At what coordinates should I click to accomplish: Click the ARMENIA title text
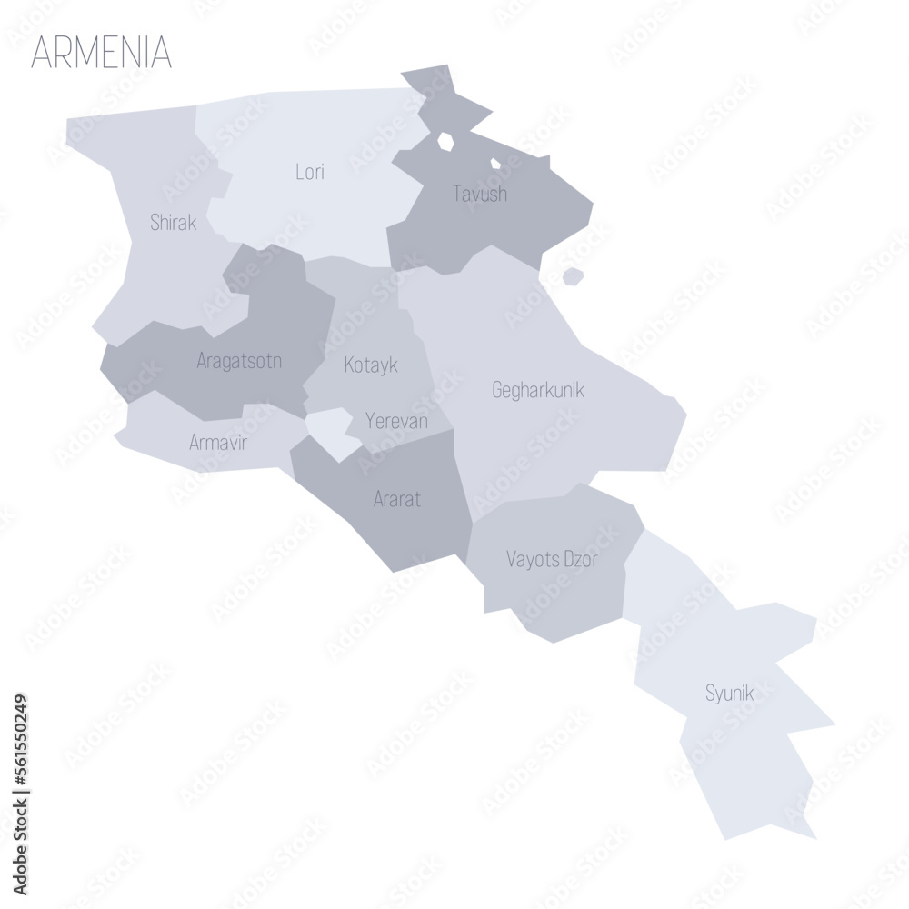click(x=101, y=53)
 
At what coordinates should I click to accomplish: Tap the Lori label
click(x=310, y=172)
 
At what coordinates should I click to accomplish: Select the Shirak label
click(x=173, y=223)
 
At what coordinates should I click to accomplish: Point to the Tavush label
click(x=480, y=194)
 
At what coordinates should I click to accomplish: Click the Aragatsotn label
click(x=239, y=361)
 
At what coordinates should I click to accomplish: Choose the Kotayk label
click(x=371, y=365)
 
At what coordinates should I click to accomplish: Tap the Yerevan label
click(x=396, y=421)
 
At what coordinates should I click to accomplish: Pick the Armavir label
click(x=218, y=443)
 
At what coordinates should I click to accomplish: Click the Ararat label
click(x=397, y=498)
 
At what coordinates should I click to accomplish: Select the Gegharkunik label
click(x=538, y=391)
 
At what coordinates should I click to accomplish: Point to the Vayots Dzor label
click(x=552, y=559)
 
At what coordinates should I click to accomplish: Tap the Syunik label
click(x=730, y=694)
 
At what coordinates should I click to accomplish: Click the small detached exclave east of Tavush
click(x=572, y=276)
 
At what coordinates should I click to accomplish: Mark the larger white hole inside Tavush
click(x=445, y=142)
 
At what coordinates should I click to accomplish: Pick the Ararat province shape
click(x=409, y=527)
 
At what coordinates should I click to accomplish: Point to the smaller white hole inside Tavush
click(x=495, y=165)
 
